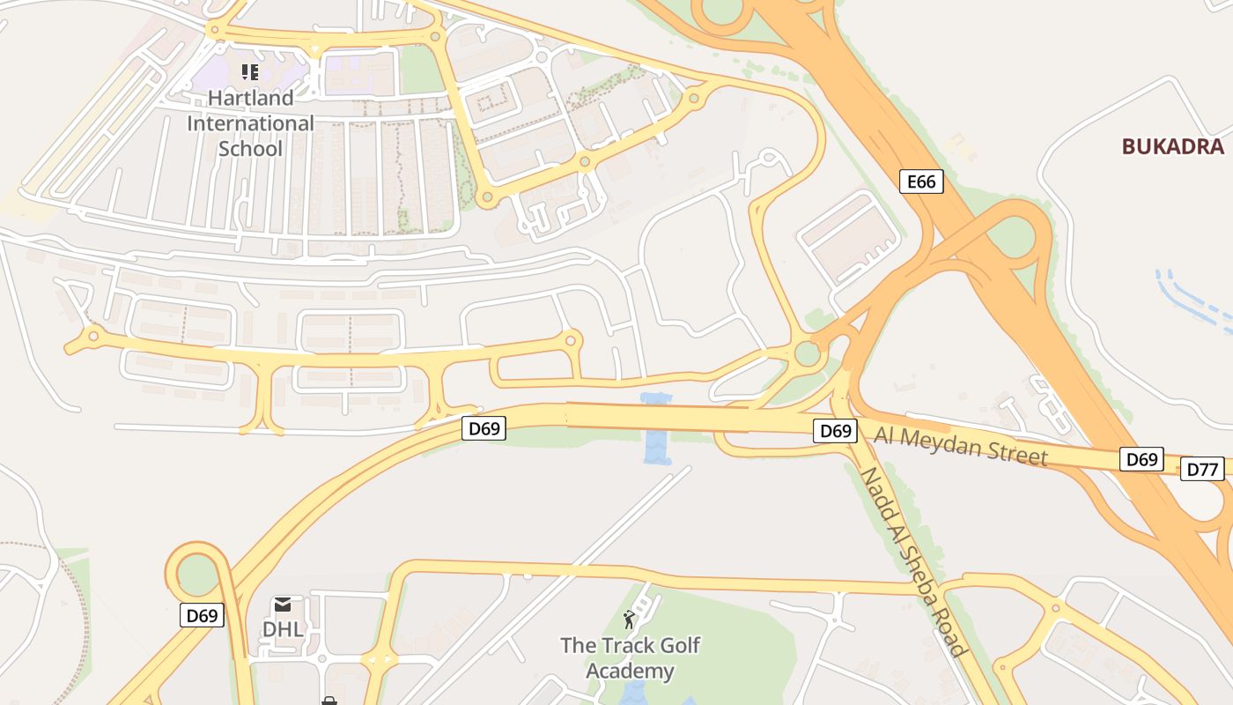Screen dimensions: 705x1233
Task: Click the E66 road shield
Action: click(x=921, y=182)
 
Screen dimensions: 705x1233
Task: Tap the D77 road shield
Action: click(x=1202, y=469)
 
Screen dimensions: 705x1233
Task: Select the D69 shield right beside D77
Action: click(x=1141, y=459)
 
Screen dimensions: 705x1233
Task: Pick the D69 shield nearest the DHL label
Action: click(x=202, y=615)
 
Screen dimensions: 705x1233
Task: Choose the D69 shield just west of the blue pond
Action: click(x=484, y=429)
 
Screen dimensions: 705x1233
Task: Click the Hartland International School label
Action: click(x=250, y=122)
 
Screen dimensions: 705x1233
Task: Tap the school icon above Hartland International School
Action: click(x=250, y=71)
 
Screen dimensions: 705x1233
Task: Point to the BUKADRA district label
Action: click(x=1172, y=146)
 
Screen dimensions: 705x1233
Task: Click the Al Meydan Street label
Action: click(x=961, y=444)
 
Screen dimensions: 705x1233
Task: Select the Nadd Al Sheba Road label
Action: click(x=913, y=560)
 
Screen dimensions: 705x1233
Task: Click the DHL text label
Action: click(x=283, y=629)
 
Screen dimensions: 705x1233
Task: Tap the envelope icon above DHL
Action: click(x=283, y=605)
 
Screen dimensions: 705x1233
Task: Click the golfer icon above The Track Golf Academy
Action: click(x=629, y=619)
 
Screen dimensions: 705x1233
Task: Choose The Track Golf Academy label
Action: click(x=630, y=658)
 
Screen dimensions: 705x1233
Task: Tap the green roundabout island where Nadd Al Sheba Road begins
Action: click(x=807, y=354)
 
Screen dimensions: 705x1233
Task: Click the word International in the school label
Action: click(x=250, y=122)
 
